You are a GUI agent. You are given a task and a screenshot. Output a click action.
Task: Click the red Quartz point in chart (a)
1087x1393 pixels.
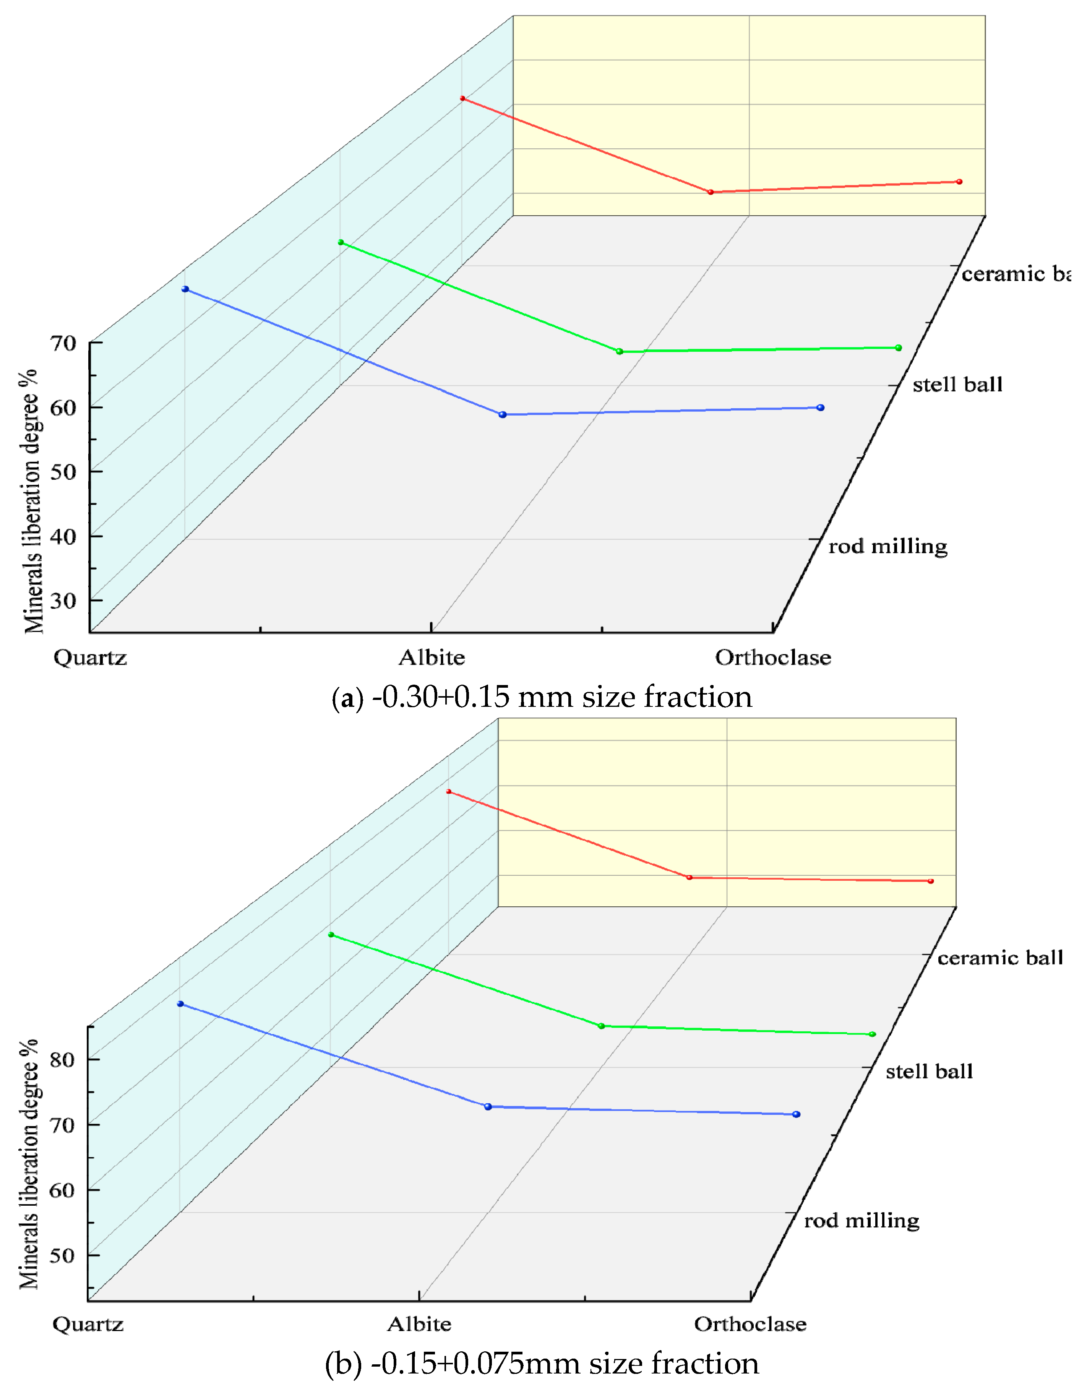463,98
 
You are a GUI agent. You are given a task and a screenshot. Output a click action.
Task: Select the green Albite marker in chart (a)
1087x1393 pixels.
619,351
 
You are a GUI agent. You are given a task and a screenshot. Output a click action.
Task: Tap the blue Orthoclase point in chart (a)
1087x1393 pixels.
821,408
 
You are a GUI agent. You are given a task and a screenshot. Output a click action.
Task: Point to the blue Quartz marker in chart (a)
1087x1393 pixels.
185,289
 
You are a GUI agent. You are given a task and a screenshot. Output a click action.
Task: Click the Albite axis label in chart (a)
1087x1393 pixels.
432,658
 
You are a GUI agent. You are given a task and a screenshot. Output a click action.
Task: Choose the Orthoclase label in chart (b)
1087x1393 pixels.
750,1324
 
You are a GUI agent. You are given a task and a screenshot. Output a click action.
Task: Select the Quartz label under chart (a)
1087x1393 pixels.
90,658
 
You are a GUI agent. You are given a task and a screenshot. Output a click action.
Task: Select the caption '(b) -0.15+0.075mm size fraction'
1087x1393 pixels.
542,1364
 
